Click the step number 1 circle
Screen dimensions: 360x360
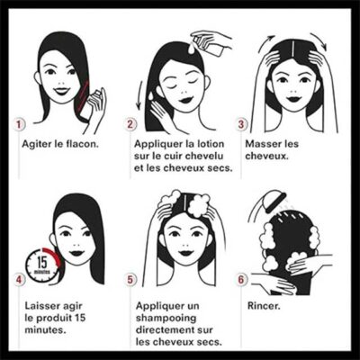[20, 124]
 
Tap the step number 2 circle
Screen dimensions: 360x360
[130, 124]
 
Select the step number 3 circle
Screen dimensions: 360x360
[241, 124]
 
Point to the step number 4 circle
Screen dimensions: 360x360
[20, 280]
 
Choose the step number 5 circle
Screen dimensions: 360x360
[130, 280]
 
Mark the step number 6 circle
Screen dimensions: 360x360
[241, 280]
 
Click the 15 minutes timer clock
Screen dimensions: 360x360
[42, 265]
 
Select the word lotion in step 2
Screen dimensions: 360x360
[210, 144]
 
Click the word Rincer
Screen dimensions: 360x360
[264, 306]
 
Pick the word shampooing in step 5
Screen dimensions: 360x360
[166, 319]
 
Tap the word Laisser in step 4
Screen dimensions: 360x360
[43, 306]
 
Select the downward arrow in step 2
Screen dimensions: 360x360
[139, 94]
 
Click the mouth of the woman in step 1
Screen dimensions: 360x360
[62, 91]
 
